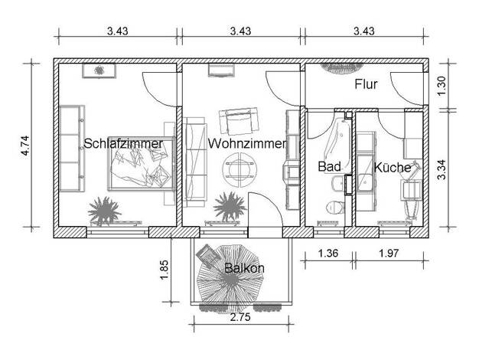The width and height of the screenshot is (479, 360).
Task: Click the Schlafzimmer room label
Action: [x=123, y=143]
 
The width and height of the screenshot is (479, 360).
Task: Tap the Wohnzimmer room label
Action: [x=247, y=143]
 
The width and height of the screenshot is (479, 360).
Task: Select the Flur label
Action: [x=366, y=84]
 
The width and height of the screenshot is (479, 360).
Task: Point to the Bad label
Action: [x=329, y=167]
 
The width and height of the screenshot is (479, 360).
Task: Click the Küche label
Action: [x=393, y=168]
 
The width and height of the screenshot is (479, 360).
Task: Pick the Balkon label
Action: [x=244, y=268]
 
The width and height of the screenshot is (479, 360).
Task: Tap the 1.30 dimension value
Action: [x=442, y=86]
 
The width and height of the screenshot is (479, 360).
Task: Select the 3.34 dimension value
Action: [x=442, y=170]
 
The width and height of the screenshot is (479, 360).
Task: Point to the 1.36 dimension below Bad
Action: [x=327, y=254]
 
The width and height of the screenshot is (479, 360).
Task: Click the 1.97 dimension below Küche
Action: [x=389, y=254]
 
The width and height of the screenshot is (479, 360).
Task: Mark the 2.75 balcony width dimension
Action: [x=240, y=317]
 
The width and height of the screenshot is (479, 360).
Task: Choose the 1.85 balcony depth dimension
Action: [x=164, y=270]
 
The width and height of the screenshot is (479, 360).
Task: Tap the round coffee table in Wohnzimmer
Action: [x=239, y=169]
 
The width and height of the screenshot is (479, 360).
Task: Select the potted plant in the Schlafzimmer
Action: [x=104, y=211]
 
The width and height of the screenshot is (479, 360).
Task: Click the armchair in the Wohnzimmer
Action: [x=239, y=121]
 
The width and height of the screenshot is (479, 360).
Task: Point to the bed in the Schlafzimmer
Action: [x=141, y=164]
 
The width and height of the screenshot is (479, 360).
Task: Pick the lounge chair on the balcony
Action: [x=207, y=256]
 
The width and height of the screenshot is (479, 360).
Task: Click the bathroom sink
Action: [x=337, y=184]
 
